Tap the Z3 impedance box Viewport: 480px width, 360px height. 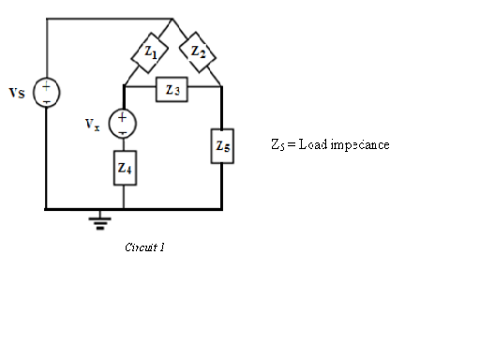click(172, 89)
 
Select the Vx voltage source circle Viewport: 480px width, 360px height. click(124, 123)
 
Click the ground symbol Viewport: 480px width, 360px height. click(97, 221)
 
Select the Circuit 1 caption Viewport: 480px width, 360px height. click(144, 247)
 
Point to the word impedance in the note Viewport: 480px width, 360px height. click(360, 144)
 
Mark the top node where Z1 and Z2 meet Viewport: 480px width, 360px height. click(172, 19)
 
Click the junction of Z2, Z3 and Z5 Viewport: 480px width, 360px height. click(221, 87)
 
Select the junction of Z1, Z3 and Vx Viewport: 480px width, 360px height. click(124, 87)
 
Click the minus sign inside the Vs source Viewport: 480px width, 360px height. click(46, 99)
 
